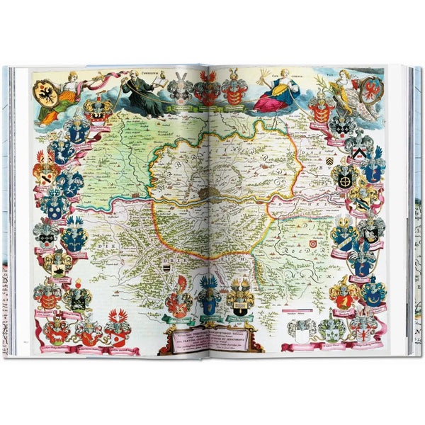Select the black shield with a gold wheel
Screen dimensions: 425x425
pos(346,177)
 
